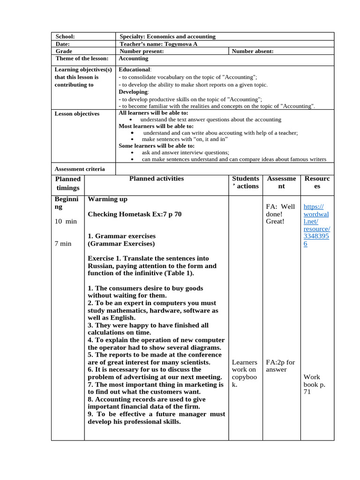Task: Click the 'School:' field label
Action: [x=65, y=37]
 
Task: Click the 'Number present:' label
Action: [x=142, y=52]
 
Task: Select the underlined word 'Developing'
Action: [x=133, y=92]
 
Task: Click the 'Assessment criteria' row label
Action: [x=80, y=169]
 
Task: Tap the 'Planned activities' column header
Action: [x=157, y=179]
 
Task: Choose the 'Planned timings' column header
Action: [x=68, y=183]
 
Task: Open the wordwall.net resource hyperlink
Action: [x=316, y=225]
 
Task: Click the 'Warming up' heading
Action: [x=107, y=199]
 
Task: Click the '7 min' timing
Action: [x=63, y=244]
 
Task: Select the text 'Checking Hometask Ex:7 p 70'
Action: [x=135, y=214]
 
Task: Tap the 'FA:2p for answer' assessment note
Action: [x=280, y=366]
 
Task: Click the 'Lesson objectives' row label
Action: [x=77, y=114]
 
